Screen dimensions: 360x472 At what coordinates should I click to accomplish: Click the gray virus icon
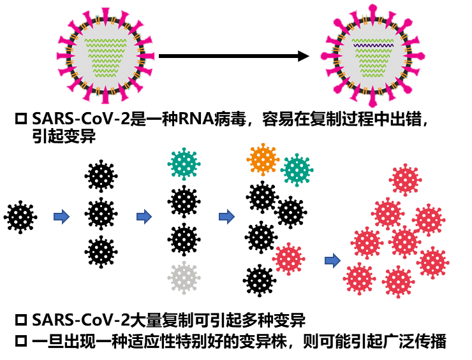pos(184,278)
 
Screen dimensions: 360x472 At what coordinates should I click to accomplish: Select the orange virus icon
pos(263,159)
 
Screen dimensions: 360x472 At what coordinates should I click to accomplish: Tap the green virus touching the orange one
pos(297,170)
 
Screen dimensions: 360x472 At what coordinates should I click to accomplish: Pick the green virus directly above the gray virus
pos(184,164)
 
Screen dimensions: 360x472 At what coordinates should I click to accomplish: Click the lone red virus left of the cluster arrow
pos(288,259)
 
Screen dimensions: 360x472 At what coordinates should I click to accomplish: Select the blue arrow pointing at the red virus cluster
pos(332,260)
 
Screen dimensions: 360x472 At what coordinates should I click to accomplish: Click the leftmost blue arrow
pos(61,217)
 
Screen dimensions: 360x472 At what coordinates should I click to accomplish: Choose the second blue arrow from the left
pos(144,217)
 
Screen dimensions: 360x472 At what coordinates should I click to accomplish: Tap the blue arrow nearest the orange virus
pos(226,217)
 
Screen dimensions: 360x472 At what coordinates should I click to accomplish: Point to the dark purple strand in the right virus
pos(373,46)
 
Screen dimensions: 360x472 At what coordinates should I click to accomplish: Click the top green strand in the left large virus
pos(105,40)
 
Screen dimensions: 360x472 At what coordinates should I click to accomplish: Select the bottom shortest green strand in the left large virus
pos(106,76)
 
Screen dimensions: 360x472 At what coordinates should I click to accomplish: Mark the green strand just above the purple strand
pos(373,40)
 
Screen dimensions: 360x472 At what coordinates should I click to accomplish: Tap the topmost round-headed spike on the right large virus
pos(372,9)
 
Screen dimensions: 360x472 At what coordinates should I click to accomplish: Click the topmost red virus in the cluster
pos(405,180)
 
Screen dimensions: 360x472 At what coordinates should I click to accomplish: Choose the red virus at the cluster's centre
pos(404,241)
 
